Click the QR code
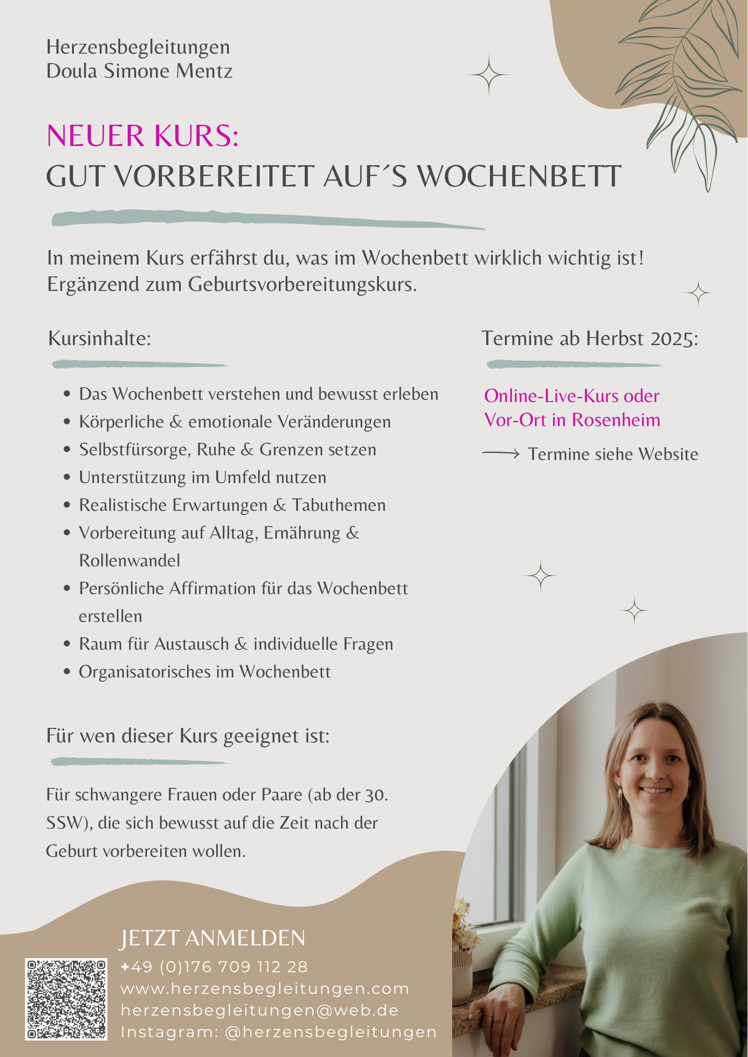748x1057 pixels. coord(66,999)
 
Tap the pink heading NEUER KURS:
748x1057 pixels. coord(143,136)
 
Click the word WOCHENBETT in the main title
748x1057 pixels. coord(520,177)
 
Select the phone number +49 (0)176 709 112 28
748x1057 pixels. coord(214,967)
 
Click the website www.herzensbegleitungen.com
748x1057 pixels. coord(265,989)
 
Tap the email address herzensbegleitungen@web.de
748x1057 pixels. coord(260,1010)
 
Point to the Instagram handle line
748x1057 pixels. coord(279,1032)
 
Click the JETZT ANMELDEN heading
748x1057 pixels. coord(212,938)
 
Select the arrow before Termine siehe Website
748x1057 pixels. coord(501,453)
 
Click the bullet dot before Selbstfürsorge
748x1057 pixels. coord(67,450)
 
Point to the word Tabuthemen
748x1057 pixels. coord(339,505)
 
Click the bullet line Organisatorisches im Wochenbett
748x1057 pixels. coord(204,672)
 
